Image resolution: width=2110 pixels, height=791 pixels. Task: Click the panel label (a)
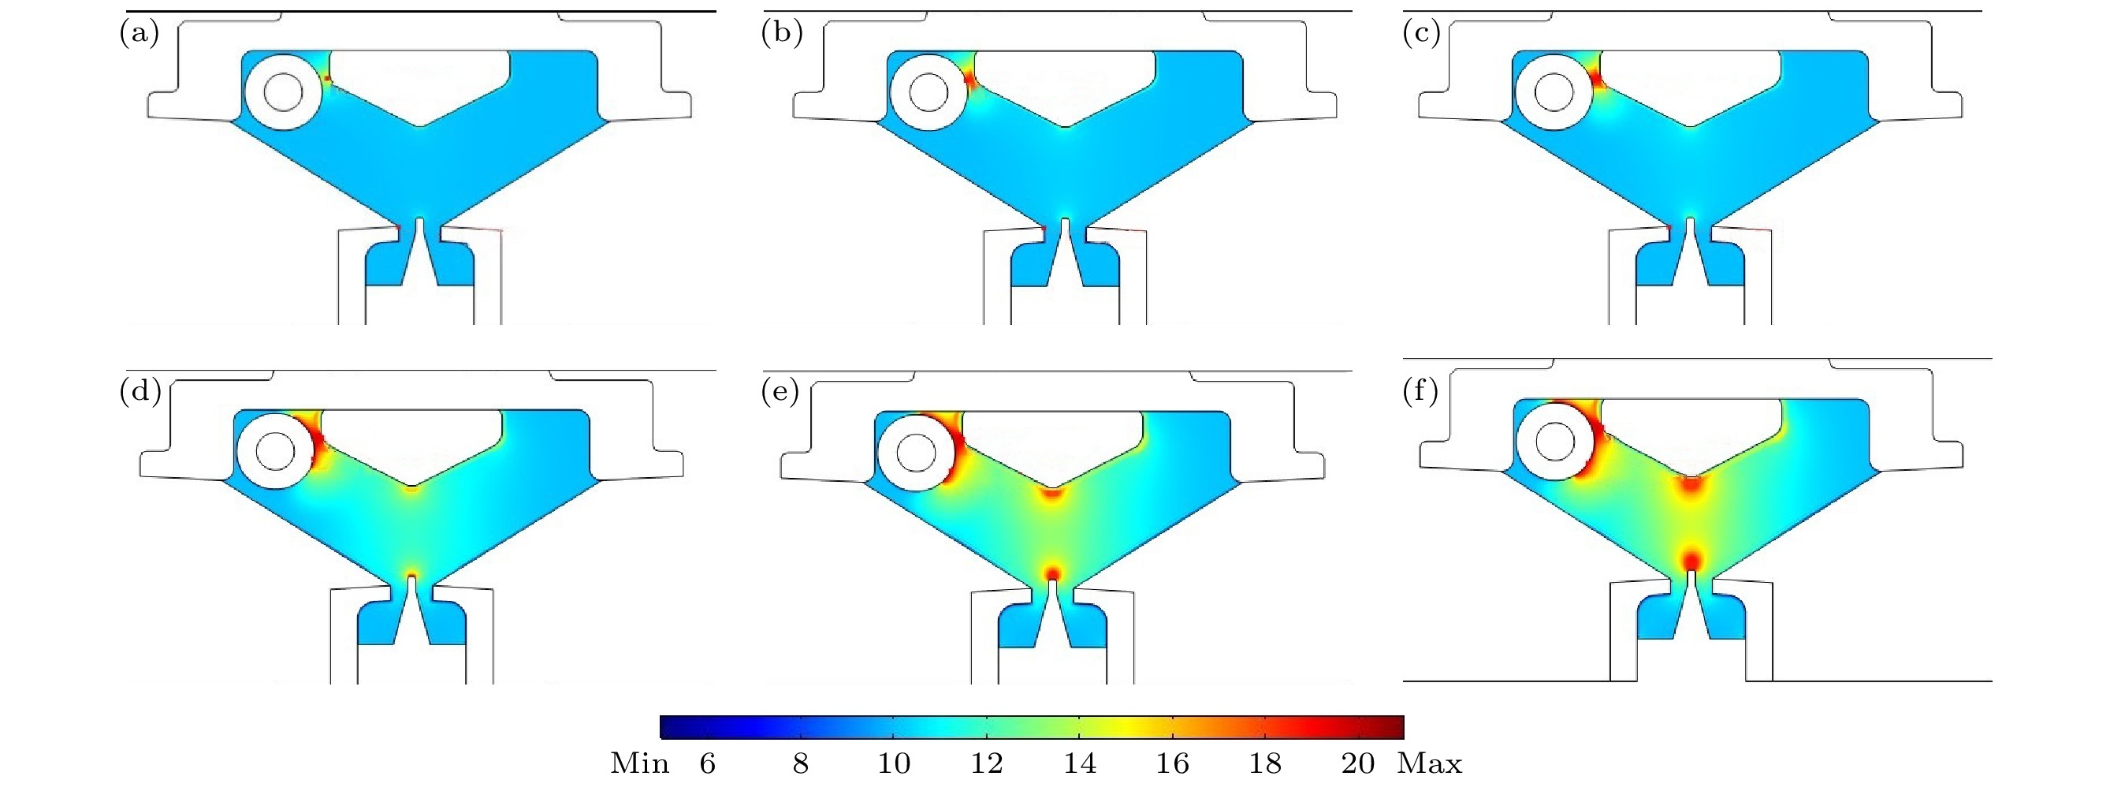[x=140, y=34]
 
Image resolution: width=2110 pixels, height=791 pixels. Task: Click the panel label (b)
[x=782, y=34]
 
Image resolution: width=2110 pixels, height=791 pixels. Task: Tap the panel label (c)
[x=1421, y=34]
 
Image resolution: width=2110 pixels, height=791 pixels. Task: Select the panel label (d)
[x=140, y=392]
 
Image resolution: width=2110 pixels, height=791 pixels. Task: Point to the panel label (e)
[x=780, y=392]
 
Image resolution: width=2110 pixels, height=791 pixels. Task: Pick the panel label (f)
[x=1420, y=392]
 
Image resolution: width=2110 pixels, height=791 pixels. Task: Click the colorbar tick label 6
[x=708, y=763]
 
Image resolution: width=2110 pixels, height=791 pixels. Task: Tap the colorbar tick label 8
[x=801, y=763]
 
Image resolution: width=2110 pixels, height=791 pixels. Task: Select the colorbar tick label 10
[x=894, y=763]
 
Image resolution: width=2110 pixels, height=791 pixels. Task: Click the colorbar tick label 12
[x=987, y=763]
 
